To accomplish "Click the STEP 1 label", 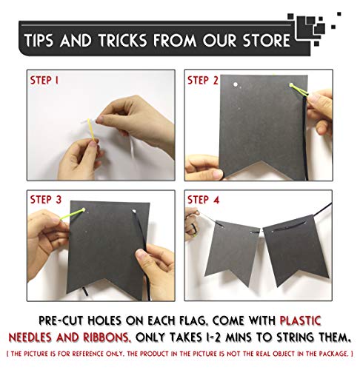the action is [44, 81].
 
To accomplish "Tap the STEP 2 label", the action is [203, 81].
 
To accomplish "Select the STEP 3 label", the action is [46, 199].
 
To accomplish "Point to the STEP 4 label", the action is [204, 199].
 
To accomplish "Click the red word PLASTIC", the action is [300, 320].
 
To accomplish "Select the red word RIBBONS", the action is [106, 337].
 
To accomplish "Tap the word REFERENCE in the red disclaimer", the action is [87, 354].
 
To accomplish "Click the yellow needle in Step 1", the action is [91, 129].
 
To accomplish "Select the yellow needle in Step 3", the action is [73, 214].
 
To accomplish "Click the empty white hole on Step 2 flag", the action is [236, 84].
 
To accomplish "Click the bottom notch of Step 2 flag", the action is [261, 161].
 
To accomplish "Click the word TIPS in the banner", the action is [39, 40].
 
